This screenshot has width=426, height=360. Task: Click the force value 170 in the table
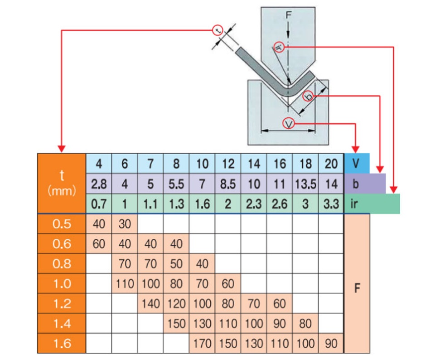click(x=202, y=343)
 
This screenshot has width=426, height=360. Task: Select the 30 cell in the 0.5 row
click(x=125, y=224)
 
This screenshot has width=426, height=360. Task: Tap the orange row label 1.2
click(x=62, y=303)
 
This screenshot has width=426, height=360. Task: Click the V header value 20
click(x=331, y=164)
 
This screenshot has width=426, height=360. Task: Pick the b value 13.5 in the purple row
click(x=305, y=184)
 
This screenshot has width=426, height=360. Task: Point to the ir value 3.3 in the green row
click(x=331, y=204)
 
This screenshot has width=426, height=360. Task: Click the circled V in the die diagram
click(x=289, y=122)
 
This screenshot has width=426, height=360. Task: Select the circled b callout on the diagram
click(x=308, y=96)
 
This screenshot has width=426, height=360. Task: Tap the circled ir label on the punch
click(x=279, y=47)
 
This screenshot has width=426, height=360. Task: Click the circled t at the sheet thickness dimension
click(x=218, y=30)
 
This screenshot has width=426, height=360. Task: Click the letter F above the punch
click(x=289, y=15)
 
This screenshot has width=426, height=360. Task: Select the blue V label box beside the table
click(x=357, y=164)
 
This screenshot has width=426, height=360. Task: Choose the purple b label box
click(x=365, y=184)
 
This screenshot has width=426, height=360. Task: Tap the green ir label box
click(x=372, y=204)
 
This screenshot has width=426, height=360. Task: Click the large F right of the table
click(x=357, y=288)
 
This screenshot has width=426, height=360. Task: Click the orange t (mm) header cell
click(x=62, y=184)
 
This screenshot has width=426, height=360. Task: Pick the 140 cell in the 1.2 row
click(x=150, y=303)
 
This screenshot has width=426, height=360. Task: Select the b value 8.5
click(x=228, y=184)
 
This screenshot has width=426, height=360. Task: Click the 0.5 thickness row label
click(x=62, y=224)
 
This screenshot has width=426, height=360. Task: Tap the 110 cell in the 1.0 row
click(x=125, y=284)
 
